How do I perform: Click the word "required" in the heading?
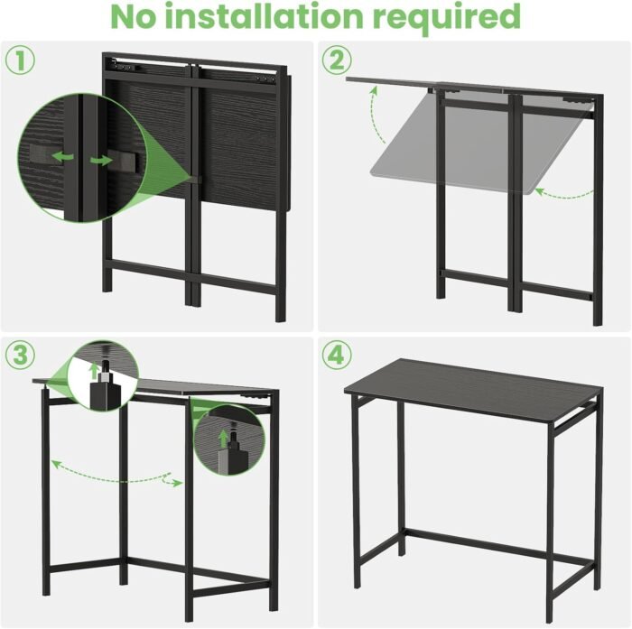point(447,19)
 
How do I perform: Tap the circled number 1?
point(20,60)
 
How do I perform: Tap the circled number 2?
point(337,60)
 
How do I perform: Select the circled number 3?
point(20,356)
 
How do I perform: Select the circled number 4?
point(337,356)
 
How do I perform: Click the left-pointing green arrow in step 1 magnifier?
point(63,156)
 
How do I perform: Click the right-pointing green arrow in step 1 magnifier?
point(101,160)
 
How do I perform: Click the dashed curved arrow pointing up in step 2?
point(376,114)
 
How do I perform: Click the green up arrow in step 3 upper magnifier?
point(94,370)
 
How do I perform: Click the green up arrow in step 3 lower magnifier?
point(222,438)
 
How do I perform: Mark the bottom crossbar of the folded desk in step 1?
point(192,276)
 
